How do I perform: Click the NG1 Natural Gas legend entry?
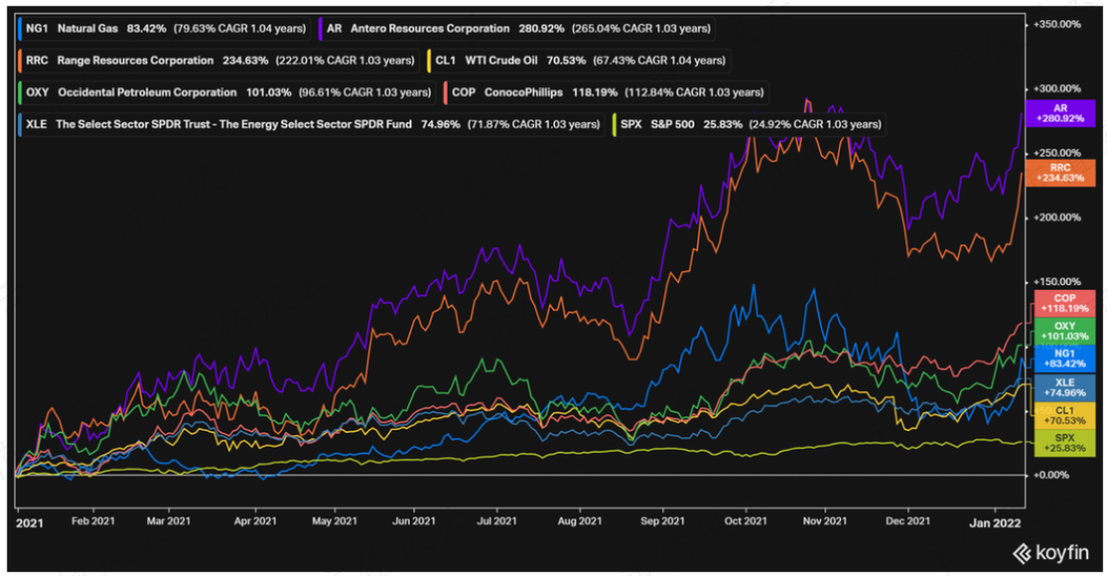click(x=163, y=29)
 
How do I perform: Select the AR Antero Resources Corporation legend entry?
click(x=517, y=29)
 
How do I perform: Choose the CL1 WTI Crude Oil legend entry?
click(x=578, y=60)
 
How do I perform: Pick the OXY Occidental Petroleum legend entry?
click(x=226, y=93)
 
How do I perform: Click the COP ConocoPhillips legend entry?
click(x=606, y=93)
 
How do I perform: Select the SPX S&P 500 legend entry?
click(x=749, y=124)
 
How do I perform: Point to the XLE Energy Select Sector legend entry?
click(x=311, y=124)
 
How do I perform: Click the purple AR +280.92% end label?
click(x=1060, y=113)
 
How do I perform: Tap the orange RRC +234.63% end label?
click(x=1060, y=173)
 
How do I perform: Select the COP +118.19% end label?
click(x=1065, y=303)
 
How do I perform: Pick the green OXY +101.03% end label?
click(x=1065, y=331)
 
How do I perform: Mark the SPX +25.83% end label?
click(x=1065, y=443)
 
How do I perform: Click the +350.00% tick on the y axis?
click(x=1057, y=24)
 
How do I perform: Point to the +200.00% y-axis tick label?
click(x=1057, y=217)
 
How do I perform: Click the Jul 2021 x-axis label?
click(x=497, y=521)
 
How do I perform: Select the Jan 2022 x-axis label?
click(x=995, y=523)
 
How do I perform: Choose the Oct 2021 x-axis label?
click(x=745, y=521)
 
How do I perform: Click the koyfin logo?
click(x=1051, y=553)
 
